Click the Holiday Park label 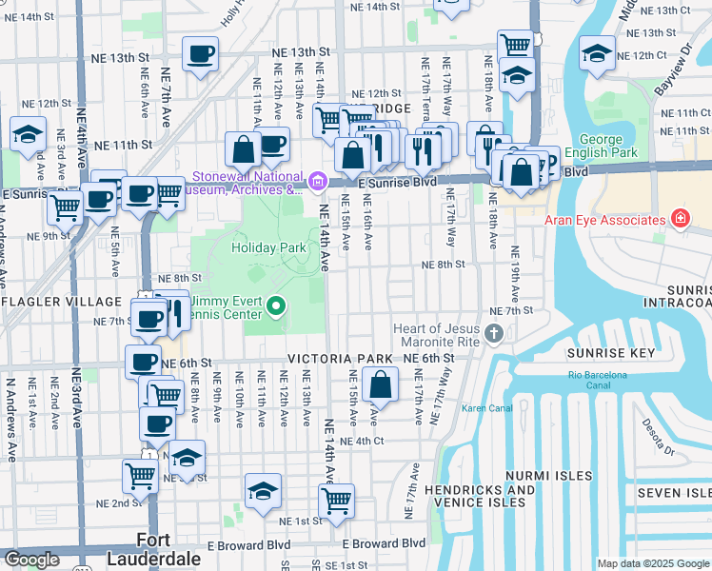(x=268, y=247)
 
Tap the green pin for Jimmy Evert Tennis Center (x=276, y=305)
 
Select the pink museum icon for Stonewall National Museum (x=318, y=180)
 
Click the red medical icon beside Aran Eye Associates (x=680, y=220)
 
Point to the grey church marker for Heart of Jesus (x=493, y=334)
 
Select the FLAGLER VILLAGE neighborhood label (x=65, y=302)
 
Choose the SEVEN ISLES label (x=673, y=492)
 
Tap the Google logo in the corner (x=31, y=560)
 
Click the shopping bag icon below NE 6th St (x=380, y=386)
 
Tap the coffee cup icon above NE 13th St (x=200, y=55)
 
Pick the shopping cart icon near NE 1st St (x=336, y=501)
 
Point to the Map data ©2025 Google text (x=652, y=563)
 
